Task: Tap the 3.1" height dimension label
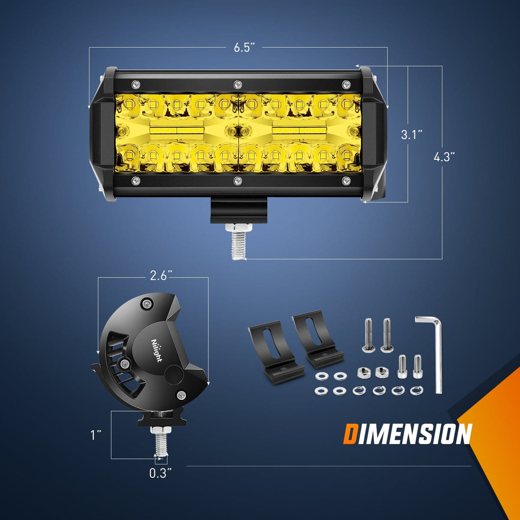tap(412, 135)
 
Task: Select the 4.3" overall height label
tap(444, 157)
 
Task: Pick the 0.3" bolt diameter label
tap(160, 473)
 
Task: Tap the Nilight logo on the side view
tap(157, 351)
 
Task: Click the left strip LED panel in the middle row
tap(177, 129)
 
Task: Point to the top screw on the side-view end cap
tap(147, 304)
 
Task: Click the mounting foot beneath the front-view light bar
tap(238, 211)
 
